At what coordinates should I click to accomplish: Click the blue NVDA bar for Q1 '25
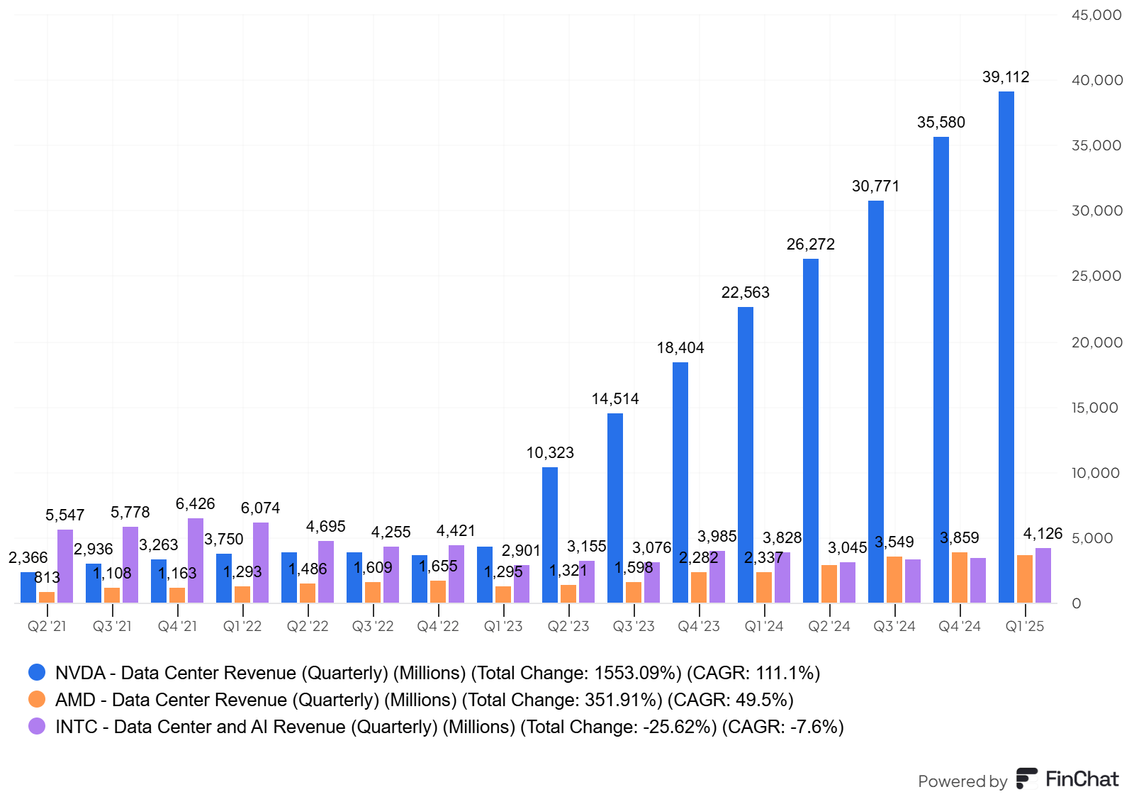point(1006,347)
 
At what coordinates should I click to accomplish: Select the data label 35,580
point(941,123)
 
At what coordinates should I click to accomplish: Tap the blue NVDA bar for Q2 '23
point(549,535)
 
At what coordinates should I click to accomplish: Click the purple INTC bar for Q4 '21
point(196,561)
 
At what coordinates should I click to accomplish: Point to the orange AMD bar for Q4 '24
point(959,578)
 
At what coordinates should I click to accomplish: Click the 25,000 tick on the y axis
point(1096,276)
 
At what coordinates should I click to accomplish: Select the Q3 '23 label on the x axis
point(634,626)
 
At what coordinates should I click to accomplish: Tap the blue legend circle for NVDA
point(37,672)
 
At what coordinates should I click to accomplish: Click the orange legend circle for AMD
point(37,699)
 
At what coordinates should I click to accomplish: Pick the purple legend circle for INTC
point(37,726)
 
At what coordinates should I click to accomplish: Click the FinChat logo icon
point(1026,778)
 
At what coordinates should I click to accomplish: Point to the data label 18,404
point(680,348)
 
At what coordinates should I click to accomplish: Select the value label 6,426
point(195,504)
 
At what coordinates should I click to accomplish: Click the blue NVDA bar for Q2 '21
point(28,588)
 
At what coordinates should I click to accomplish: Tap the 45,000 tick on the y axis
point(1096,15)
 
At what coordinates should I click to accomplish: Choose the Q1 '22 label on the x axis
point(242,626)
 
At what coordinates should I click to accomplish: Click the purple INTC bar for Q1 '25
point(1043,576)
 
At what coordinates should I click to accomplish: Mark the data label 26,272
point(810,245)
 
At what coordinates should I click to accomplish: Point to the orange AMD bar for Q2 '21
point(47,598)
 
